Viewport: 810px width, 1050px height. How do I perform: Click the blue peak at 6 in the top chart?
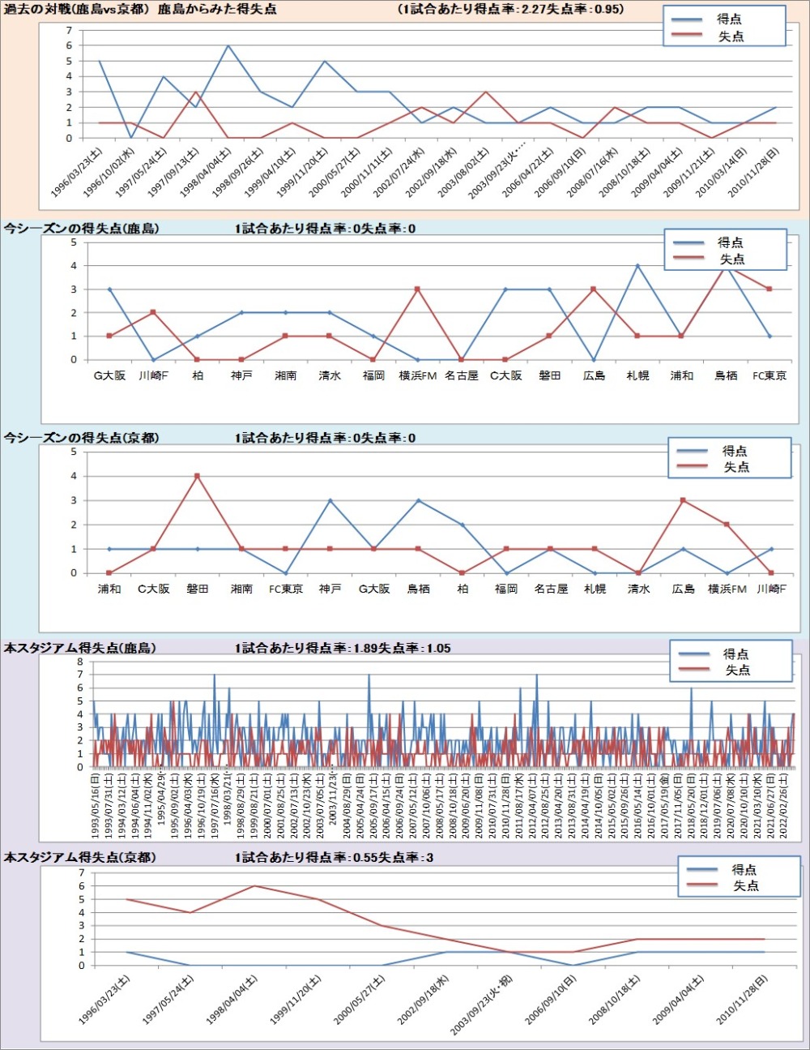pyautogui.click(x=228, y=45)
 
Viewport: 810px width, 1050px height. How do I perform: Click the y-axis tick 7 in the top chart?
pyautogui.click(x=69, y=31)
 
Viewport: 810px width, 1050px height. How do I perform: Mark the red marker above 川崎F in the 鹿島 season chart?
pyautogui.click(x=153, y=312)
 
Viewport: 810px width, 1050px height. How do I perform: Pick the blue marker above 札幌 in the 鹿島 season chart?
pyautogui.click(x=637, y=265)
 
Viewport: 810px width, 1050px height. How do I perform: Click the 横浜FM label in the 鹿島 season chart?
pyautogui.click(x=417, y=375)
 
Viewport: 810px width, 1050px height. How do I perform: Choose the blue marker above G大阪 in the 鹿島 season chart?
pyautogui.click(x=109, y=289)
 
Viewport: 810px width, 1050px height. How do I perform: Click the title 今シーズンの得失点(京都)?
pyautogui.click(x=81, y=438)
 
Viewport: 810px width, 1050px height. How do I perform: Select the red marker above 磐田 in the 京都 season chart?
pyautogui.click(x=197, y=476)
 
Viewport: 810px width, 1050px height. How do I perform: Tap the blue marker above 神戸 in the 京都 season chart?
pyautogui.click(x=330, y=500)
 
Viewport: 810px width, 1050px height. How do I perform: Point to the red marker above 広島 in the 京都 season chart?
pyautogui.click(x=683, y=500)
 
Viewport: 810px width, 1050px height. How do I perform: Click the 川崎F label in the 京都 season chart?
pyautogui.click(x=770, y=589)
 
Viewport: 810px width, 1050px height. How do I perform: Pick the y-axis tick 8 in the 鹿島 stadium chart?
pyautogui.click(x=80, y=662)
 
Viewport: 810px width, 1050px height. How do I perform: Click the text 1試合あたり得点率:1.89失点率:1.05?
pyautogui.click(x=343, y=648)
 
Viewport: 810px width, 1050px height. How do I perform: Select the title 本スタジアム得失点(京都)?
pyautogui.click(x=79, y=857)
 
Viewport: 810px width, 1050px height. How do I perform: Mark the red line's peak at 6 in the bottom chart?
pyautogui.click(x=254, y=885)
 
